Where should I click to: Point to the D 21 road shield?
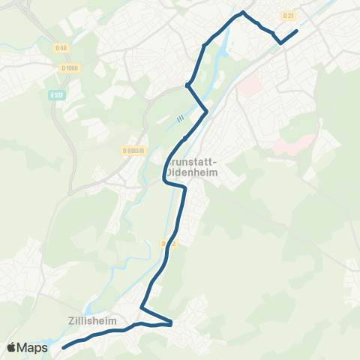286,15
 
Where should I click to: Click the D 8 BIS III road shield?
132,150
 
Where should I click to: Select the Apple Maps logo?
27,347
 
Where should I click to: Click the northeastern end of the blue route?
297,31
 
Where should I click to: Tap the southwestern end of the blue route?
63,347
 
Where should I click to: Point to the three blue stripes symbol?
180,118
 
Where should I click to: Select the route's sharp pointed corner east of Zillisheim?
172,323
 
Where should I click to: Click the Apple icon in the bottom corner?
11,347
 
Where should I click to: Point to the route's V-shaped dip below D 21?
280,43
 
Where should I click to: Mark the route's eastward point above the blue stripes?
206,112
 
